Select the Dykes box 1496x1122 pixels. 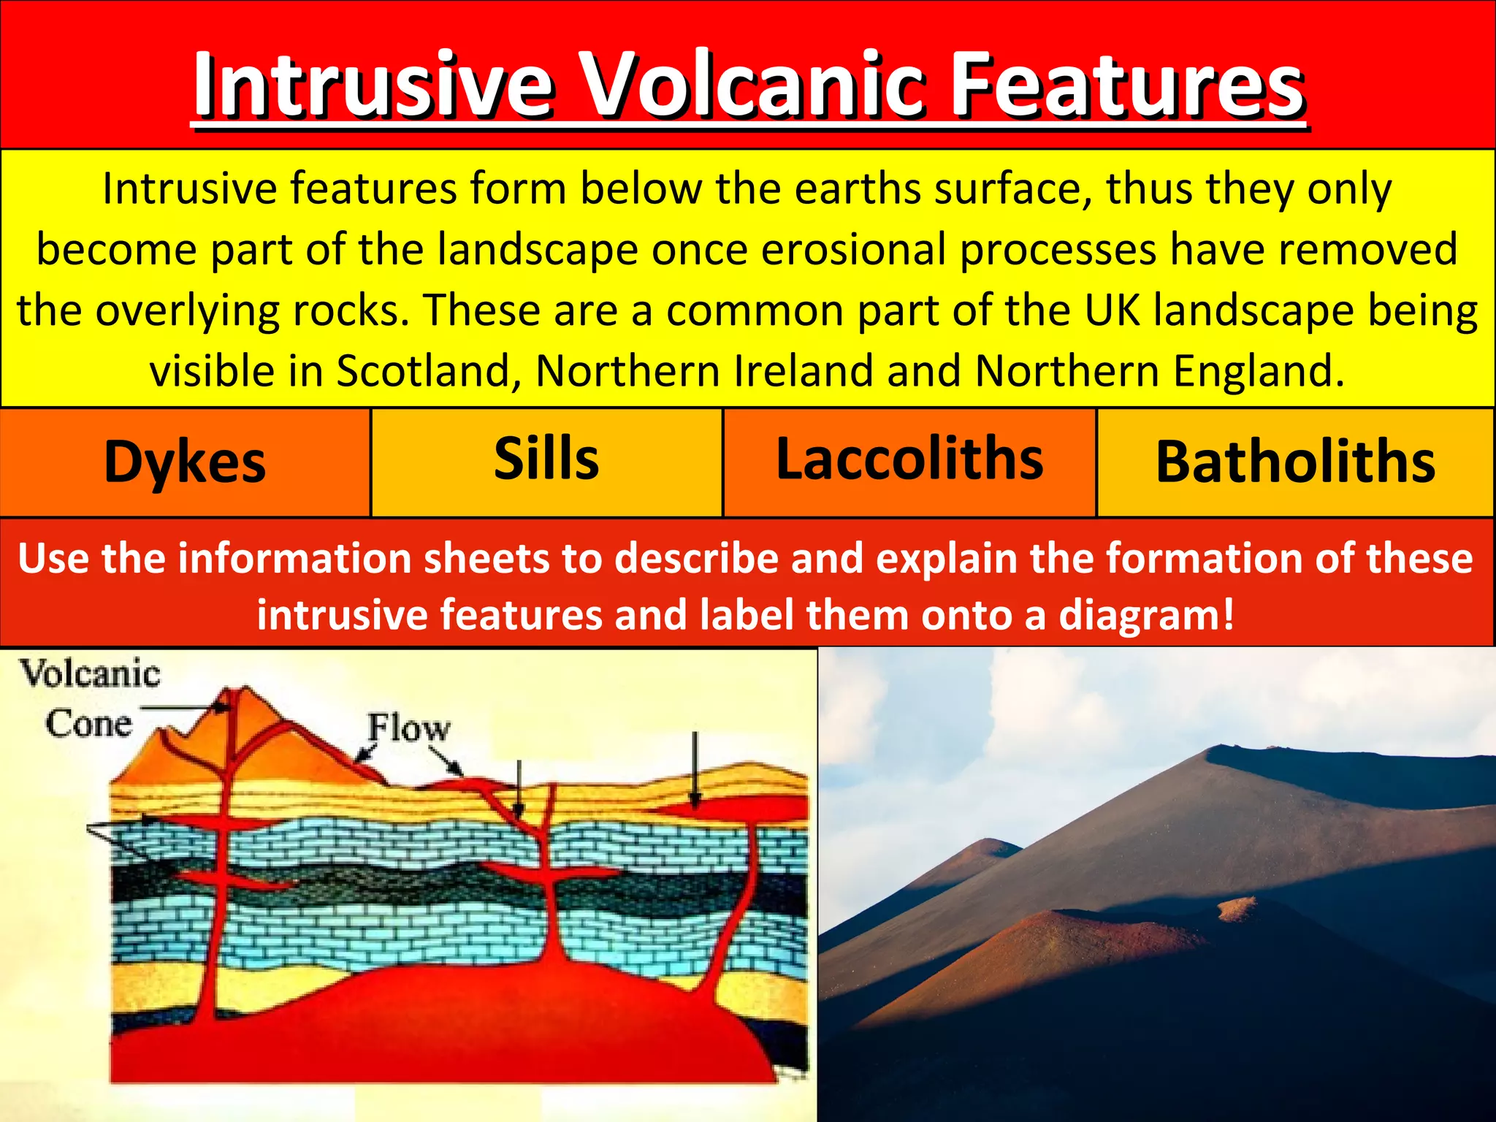(185, 462)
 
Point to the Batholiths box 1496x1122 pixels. (1295, 462)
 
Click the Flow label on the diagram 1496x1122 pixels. (409, 728)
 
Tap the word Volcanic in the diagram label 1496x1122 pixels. (90, 673)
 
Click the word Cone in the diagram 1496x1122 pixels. (88, 724)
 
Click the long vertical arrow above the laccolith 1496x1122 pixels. (695, 767)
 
